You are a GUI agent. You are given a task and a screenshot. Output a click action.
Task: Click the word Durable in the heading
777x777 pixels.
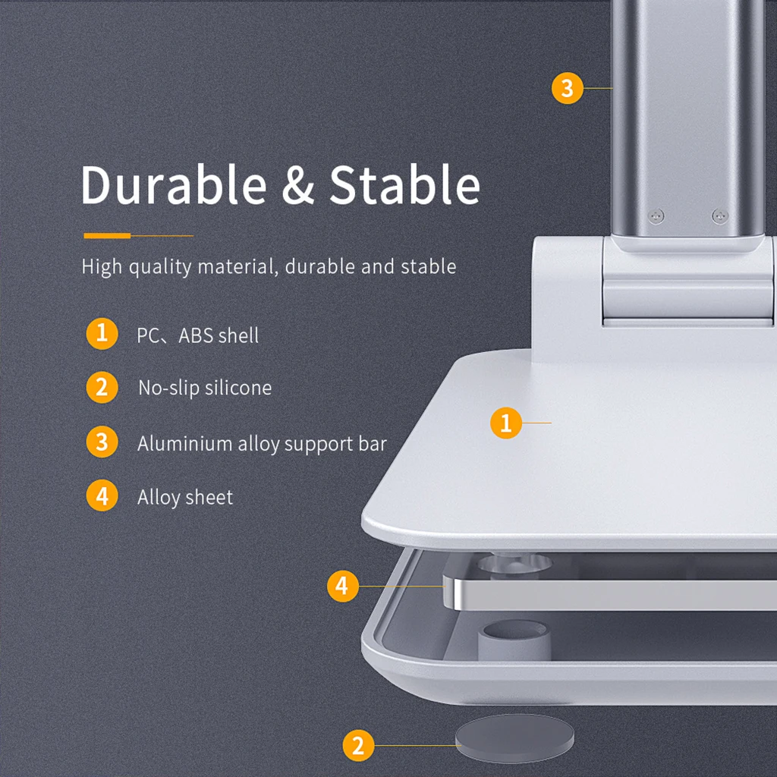pyautogui.click(x=174, y=185)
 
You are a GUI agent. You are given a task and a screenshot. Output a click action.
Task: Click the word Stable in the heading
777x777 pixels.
pyautogui.click(x=404, y=185)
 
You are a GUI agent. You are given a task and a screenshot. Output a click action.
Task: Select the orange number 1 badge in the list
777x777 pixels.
pyautogui.click(x=102, y=334)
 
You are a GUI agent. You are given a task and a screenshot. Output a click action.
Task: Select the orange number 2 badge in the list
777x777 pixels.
pyautogui.click(x=102, y=388)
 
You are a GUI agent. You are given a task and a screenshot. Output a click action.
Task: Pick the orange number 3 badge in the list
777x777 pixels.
pyautogui.click(x=102, y=442)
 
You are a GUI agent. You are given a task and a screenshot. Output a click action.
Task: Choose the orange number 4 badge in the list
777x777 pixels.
pyautogui.click(x=102, y=497)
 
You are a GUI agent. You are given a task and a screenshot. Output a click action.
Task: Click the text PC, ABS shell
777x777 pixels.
pyautogui.click(x=197, y=335)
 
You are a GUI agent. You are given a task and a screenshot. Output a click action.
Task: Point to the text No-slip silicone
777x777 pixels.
pyautogui.click(x=204, y=388)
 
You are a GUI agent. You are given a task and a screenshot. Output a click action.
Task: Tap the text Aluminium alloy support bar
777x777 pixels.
pyautogui.click(x=262, y=444)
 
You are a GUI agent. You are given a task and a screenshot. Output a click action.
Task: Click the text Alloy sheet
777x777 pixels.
pyautogui.click(x=185, y=498)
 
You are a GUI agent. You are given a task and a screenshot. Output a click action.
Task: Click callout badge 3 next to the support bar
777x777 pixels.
pyautogui.click(x=567, y=89)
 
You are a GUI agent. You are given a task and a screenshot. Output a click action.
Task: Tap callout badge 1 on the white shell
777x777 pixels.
pyautogui.click(x=506, y=423)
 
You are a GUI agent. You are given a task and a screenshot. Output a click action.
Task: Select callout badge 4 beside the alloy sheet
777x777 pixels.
pyautogui.click(x=342, y=586)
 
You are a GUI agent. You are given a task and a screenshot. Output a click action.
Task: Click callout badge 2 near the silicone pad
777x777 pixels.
pyautogui.click(x=358, y=745)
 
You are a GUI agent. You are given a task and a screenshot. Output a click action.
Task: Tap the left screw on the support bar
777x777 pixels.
pyautogui.click(x=654, y=216)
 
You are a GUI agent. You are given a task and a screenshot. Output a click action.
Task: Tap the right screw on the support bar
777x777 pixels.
pyautogui.click(x=719, y=216)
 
